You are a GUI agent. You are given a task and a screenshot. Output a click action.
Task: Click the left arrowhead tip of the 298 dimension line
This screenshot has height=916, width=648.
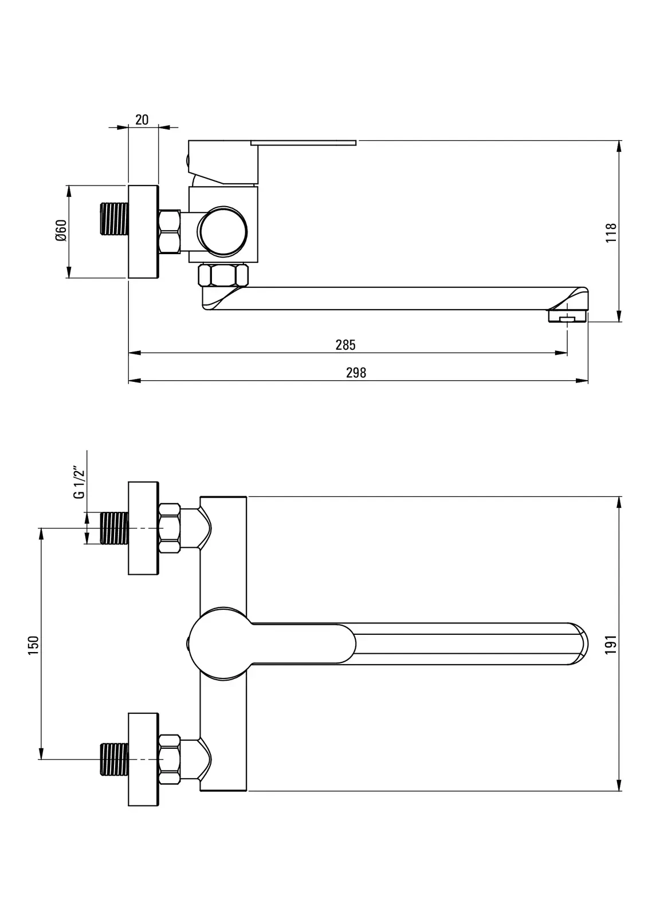coord(129,381)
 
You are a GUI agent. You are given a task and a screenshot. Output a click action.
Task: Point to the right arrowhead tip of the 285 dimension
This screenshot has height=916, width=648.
coord(567,353)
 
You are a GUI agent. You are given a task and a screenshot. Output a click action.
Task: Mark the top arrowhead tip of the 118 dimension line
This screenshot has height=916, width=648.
coord(619,141)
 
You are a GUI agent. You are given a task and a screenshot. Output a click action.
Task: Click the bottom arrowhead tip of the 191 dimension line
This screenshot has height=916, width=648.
coord(619,791)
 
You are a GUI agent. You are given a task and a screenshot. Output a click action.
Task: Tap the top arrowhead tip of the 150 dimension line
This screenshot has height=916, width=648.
coord(41,528)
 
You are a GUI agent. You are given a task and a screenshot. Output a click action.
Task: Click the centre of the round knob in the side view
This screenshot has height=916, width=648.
coord(223,231)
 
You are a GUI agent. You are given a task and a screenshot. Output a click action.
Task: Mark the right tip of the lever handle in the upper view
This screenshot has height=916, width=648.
coord(356,143)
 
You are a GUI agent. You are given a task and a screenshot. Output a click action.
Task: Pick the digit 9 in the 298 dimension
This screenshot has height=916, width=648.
coord(356,373)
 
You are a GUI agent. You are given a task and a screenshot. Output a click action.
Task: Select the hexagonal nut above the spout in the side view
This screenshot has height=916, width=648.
coord(223,275)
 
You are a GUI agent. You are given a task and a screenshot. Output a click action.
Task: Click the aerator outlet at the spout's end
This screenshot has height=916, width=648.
coord(567,317)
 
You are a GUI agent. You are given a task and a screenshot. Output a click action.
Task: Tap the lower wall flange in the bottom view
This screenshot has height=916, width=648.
coord(143,759)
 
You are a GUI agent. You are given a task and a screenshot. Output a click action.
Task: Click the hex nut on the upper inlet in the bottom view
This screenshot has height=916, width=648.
coord(170,528)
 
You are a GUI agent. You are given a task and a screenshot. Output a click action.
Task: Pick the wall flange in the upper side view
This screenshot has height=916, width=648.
coord(143,232)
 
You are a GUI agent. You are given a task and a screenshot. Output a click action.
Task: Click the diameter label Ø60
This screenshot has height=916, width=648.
coord(61,231)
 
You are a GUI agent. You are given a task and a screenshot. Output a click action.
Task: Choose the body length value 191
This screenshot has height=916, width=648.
coord(611,645)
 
